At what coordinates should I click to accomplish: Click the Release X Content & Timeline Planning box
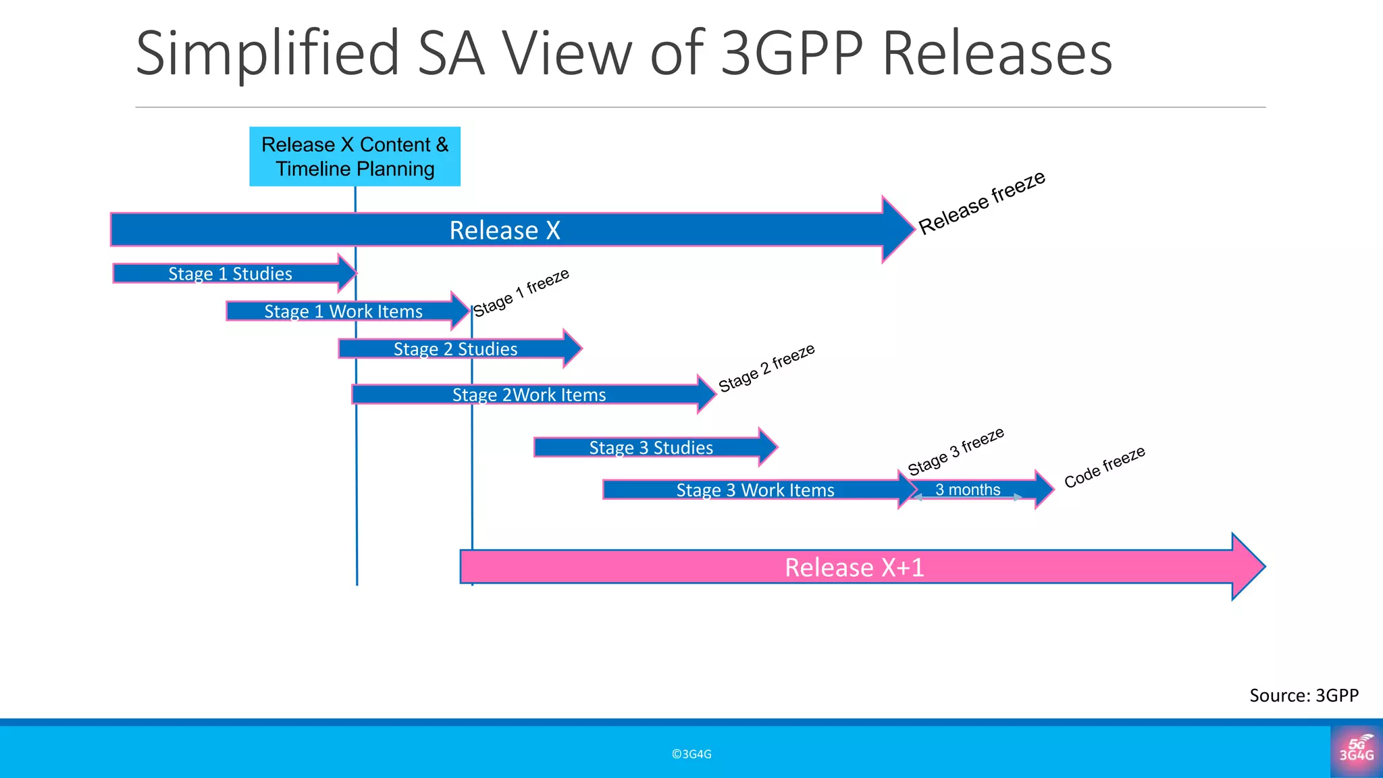[355, 157]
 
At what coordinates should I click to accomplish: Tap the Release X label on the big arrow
[504, 230]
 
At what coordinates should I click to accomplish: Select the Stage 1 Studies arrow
[230, 274]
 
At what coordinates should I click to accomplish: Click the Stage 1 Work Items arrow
[343, 311]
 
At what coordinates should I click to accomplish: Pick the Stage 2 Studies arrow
[455, 349]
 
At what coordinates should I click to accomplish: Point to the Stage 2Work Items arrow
[529, 395]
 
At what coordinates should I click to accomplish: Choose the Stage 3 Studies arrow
[650, 448]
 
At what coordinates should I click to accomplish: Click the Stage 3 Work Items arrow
[755, 490]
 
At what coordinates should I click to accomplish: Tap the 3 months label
[967, 490]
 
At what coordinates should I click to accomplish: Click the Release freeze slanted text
[982, 202]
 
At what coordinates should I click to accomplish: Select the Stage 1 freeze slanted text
[521, 292]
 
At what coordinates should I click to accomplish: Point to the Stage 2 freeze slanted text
[766, 367]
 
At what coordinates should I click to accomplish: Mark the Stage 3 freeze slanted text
[956, 451]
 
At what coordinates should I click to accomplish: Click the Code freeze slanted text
[1105, 467]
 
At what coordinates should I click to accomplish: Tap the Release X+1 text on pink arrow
[854, 567]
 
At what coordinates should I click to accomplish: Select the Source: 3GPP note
[1303, 696]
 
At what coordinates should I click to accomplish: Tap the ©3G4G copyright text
[691, 754]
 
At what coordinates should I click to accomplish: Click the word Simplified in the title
[267, 53]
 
